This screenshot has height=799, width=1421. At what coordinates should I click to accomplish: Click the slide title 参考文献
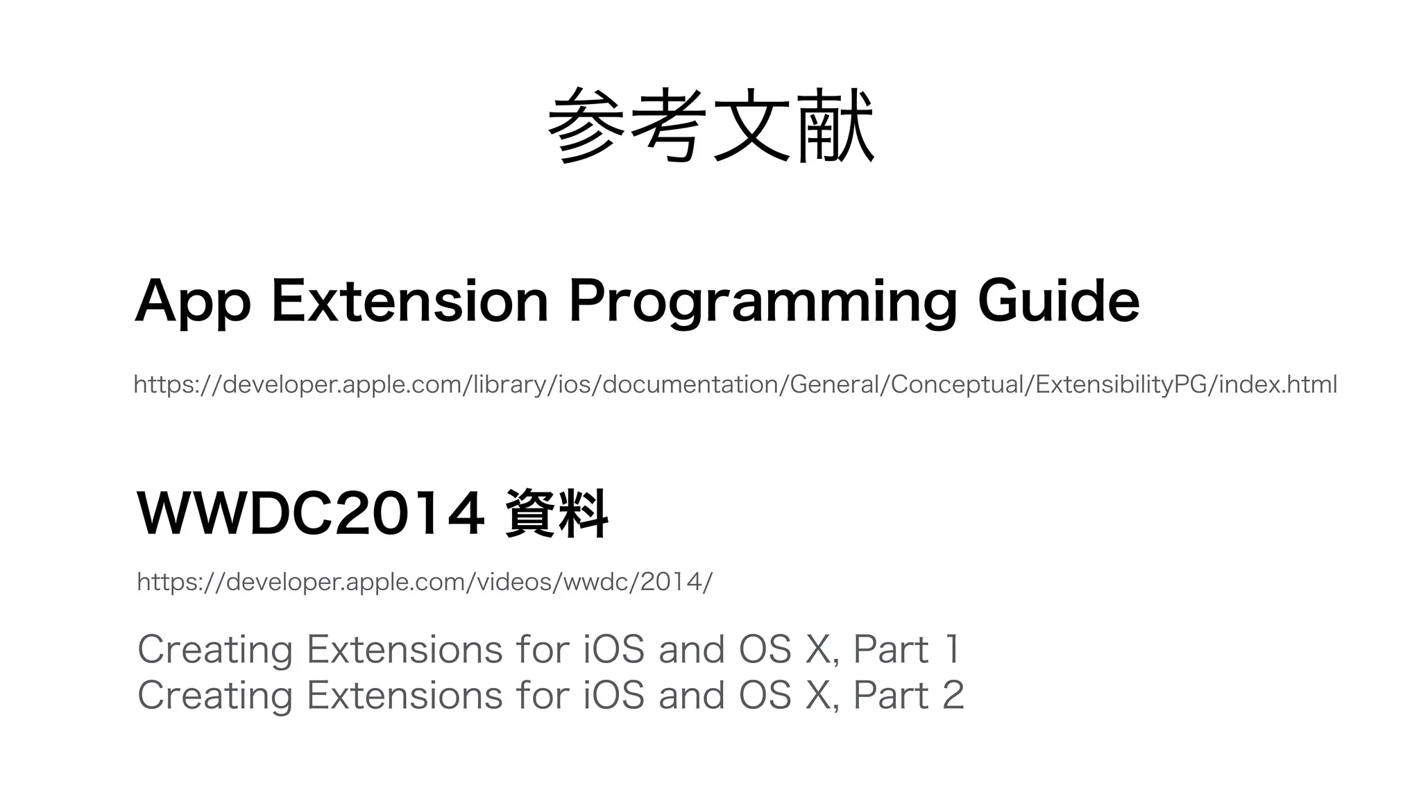(x=710, y=126)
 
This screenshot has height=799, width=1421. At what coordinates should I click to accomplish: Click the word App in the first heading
(x=192, y=302)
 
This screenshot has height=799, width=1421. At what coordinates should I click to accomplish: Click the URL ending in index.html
(x=735, y=384)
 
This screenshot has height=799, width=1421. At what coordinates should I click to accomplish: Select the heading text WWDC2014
(x=310, y=513)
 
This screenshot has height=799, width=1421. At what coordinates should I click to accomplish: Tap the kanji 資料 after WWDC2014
(x=556, y=514)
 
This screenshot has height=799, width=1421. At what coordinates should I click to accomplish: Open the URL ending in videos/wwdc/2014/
(x=425, y=582)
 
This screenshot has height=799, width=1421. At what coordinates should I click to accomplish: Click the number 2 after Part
(x=953, y=696)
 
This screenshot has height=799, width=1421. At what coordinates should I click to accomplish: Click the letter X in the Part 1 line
(x=818, y=650)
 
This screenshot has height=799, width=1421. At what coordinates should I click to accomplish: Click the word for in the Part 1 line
(x=543, y=650)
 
